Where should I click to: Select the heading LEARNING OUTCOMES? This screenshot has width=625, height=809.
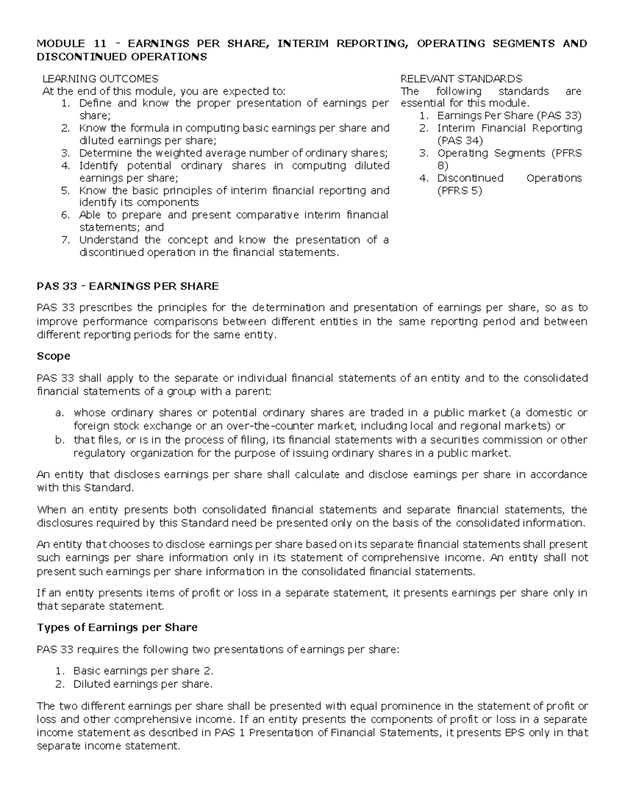coord(100,79)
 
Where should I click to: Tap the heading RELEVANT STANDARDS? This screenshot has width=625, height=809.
coord(461,79)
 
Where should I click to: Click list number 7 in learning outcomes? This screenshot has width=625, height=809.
coord(65,240)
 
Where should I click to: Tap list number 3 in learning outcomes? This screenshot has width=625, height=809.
coord(65,153)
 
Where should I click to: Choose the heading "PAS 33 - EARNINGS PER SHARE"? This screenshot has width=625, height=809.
coord(128,287)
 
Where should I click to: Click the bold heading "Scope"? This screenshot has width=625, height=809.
coord(53,356)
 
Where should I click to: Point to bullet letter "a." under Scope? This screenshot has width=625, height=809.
coord(59,413)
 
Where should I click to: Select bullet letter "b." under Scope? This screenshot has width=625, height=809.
coord(59,440)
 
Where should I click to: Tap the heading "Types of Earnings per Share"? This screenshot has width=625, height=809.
coord(117,628)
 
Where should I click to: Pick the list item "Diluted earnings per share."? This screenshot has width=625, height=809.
coord(143,684)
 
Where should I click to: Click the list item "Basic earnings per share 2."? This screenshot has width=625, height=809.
coord(143,671)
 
